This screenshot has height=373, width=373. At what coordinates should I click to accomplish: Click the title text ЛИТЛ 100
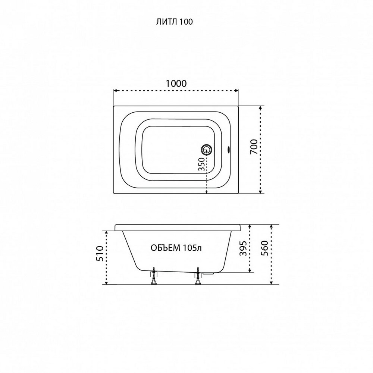174,22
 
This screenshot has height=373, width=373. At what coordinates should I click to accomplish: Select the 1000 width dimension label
176,84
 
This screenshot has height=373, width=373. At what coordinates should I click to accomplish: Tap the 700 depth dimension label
254,147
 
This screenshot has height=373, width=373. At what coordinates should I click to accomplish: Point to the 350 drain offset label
201,164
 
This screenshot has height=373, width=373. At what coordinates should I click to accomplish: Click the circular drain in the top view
206,150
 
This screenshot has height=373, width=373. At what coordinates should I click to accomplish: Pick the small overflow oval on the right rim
229,150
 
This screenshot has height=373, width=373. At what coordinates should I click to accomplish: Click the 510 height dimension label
100,254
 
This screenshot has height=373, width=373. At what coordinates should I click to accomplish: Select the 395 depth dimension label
243,248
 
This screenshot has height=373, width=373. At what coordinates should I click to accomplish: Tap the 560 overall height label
264,248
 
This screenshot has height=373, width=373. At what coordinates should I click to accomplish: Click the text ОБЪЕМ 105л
176,248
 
